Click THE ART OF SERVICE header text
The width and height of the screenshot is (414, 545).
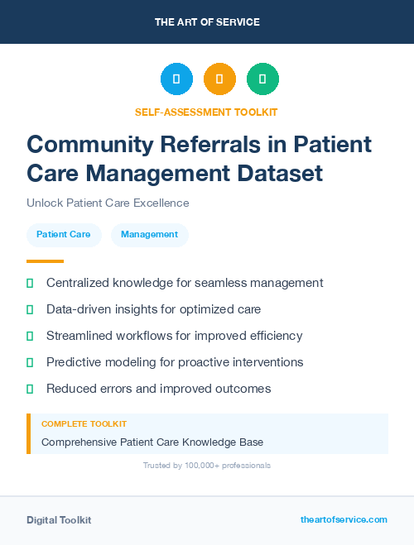(207, 22)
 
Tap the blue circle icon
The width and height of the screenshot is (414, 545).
(176, 79)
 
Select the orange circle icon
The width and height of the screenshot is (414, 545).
(219, 79)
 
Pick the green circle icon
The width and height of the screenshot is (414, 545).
(262, 79)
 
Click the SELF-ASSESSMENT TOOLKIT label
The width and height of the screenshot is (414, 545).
(206, 112)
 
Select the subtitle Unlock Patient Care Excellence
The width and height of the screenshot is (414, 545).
(108, 203)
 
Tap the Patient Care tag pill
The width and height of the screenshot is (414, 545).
(64, 235)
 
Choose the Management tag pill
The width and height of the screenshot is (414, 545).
(149, 235)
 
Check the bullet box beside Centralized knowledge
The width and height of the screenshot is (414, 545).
(30, 283)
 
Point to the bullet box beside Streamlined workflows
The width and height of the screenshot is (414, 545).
(30, 336)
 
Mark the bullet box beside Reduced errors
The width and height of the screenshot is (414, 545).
(30, 389)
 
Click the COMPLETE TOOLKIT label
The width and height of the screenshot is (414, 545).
(84, 424)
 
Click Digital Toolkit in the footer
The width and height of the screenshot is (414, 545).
(59, 520)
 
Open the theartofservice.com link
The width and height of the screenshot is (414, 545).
(344, 519)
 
